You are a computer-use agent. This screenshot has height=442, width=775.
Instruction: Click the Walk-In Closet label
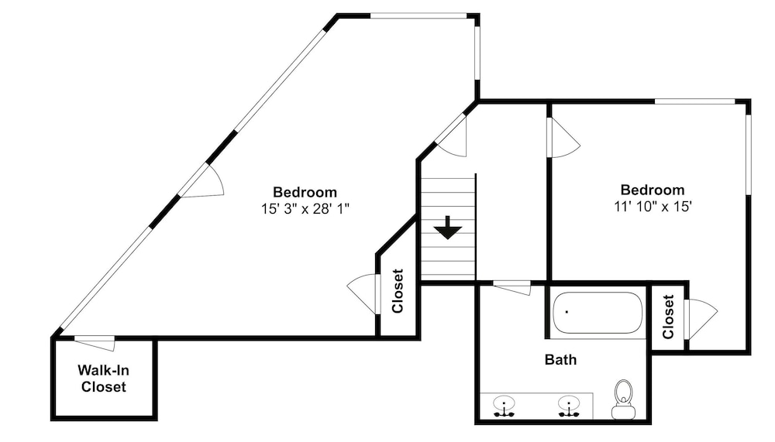pos(103,379)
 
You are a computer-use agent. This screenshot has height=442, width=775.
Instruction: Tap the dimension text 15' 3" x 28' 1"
pos(305,209)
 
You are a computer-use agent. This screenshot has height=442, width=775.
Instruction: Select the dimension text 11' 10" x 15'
pos(653,207)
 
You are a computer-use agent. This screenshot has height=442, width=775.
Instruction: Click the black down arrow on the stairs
pos(448,228)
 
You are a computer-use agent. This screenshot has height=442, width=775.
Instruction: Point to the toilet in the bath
pos(623,399)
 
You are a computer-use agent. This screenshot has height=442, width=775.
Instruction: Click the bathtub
pos(597,313)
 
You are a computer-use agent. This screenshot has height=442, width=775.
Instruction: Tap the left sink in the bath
pos(504,406)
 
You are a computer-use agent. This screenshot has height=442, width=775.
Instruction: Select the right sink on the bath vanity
pos(569,406)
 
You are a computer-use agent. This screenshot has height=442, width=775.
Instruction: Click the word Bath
pos(560,359)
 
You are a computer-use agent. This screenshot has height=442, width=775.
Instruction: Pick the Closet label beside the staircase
pos(398,291)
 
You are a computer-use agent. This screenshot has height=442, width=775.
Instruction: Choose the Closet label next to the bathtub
pos(668,317)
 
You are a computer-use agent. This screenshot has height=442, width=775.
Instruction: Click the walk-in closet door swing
pos(95,343)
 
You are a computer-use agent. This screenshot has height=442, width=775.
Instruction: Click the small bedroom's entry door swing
pos(564,138)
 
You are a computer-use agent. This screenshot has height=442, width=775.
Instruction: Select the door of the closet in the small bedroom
pos(701,319)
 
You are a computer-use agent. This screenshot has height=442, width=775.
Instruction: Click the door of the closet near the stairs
pos(362,294)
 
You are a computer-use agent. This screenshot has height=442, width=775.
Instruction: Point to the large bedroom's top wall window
pos(418,15)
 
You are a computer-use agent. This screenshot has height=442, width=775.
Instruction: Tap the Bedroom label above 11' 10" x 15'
pos(653,190)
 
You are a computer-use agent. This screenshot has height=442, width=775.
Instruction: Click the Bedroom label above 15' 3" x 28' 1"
pos(305,192)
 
